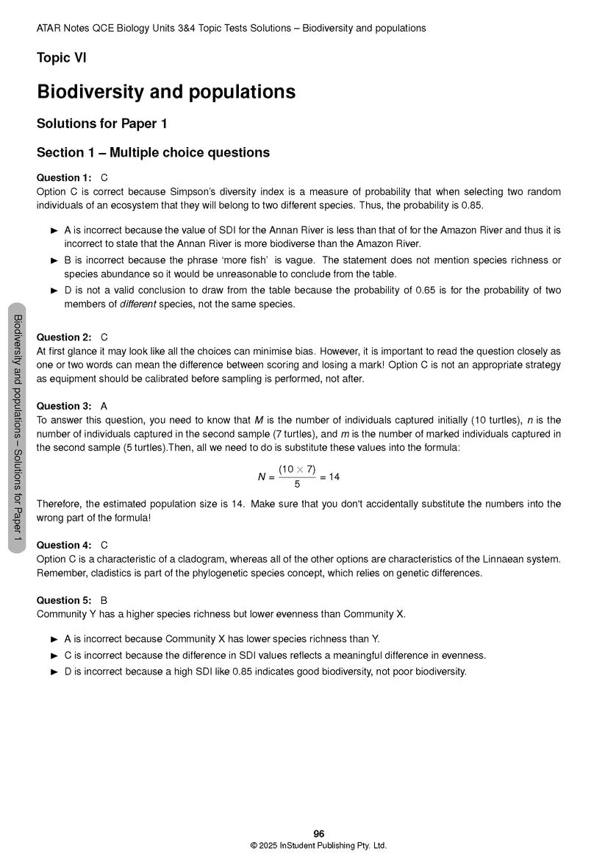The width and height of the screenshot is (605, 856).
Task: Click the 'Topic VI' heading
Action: (x=62, y=58)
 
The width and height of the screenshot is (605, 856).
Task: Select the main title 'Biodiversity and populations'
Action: (x=166, y=92)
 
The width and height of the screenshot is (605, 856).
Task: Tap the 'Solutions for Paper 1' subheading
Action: (x=102, y=124)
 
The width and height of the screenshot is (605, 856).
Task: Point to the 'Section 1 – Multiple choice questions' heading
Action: (x=153, y=152)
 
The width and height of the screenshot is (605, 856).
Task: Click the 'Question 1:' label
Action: (x=64, y=177)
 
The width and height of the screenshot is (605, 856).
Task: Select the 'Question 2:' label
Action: (x=64, y=338)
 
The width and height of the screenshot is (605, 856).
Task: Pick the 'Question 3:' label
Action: (x=64, y=406)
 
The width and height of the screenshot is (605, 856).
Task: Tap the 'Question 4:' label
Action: (x=64, y=545)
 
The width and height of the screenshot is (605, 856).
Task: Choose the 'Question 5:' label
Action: (x=64, y=600)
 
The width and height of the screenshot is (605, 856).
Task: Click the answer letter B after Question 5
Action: (x=104, y=600)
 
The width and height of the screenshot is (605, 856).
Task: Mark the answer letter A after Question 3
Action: (x=104, y=406)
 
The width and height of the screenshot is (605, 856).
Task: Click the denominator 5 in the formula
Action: (x=297, y=485)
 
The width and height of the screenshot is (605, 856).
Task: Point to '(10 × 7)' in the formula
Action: (x=297, y=469)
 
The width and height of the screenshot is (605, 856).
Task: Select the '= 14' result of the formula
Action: (x=330, y=477)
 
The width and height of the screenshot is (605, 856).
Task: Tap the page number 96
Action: (x=318, y=833)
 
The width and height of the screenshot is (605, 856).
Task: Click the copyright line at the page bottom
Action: (x=318, y=846)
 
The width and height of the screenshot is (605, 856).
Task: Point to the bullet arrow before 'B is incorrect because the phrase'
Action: (x=54, y=260)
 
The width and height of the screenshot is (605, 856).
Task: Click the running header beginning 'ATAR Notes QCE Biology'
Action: (x=231, y=28)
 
